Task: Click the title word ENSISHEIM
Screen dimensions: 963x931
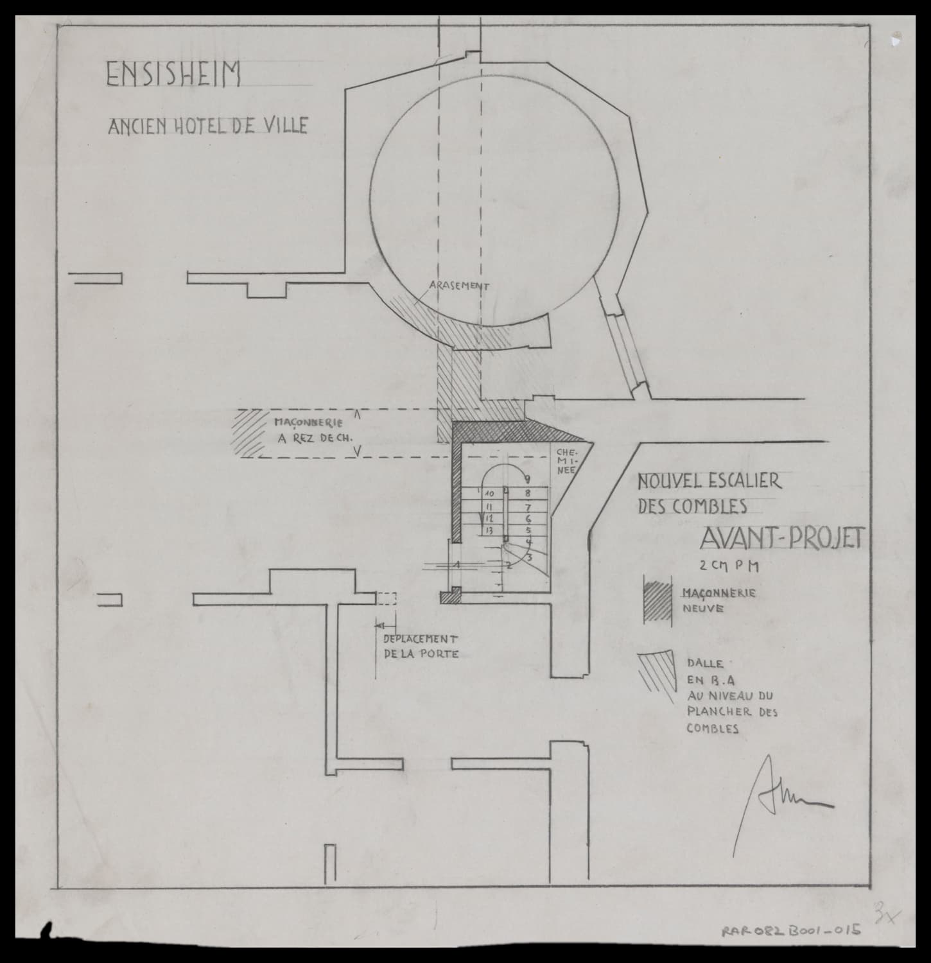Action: (173, 74)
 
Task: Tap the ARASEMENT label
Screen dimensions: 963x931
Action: (458, 286)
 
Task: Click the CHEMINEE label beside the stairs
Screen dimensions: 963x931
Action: (568, 460)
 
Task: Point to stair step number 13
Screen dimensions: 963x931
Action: (489, 530)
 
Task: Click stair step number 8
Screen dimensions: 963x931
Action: (527, 494)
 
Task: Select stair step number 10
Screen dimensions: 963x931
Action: (489, 494)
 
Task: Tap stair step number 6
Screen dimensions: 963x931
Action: (528, 518)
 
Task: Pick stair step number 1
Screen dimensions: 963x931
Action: (457, 564)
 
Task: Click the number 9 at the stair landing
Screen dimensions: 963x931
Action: (526, 478)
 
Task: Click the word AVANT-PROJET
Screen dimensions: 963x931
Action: (779, 540)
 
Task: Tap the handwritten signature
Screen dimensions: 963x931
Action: (780, 796)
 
